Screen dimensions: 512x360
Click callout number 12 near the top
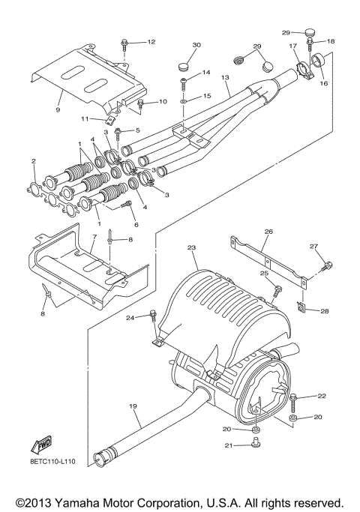(x=151, y=41)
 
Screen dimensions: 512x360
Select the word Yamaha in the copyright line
(x=87, y=502)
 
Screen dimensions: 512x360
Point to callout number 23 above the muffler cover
(x=191, y=247)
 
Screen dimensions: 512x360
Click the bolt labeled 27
(x=326, y=264)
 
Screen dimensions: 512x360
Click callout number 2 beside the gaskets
(x=34, y=161)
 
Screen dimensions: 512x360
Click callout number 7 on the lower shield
(x=94, y=238)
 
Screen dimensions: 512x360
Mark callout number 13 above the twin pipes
(x=224, y=77)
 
